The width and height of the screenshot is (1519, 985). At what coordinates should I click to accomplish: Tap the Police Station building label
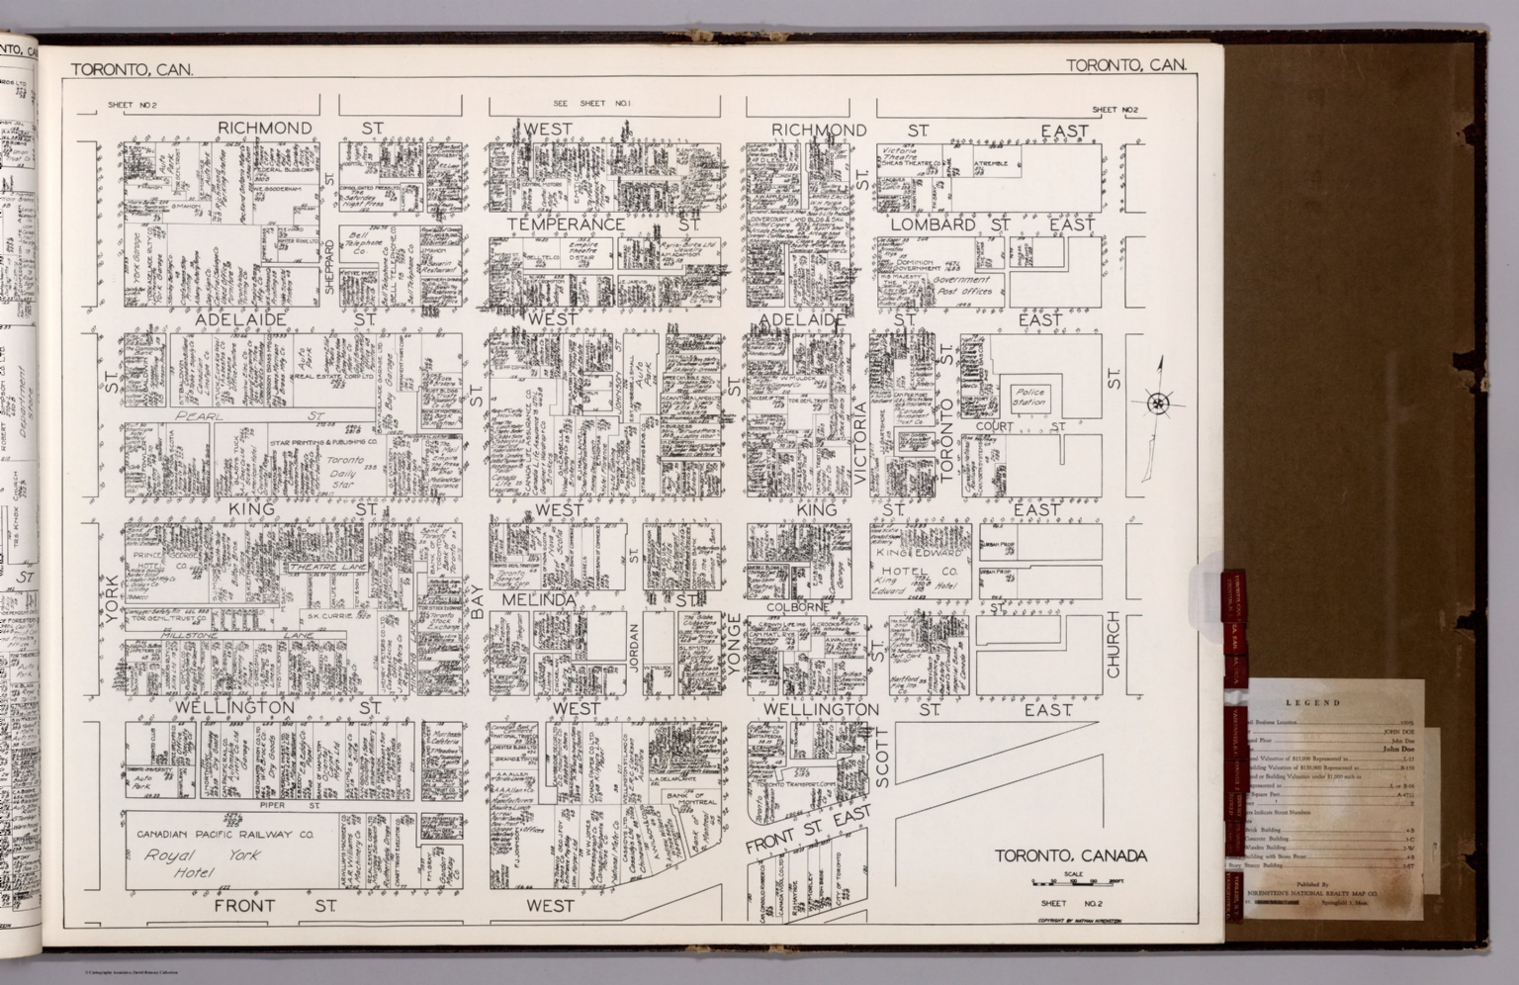click(x=1028, y=398)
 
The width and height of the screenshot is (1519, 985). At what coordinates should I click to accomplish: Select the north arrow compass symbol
click(x=1157, y=403)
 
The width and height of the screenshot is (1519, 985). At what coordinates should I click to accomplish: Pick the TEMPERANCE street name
click(x=566, y=224)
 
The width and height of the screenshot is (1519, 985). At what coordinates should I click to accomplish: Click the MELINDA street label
click(x=538, y=601)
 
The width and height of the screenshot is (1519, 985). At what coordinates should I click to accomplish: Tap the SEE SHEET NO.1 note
click(x=591, y=104)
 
